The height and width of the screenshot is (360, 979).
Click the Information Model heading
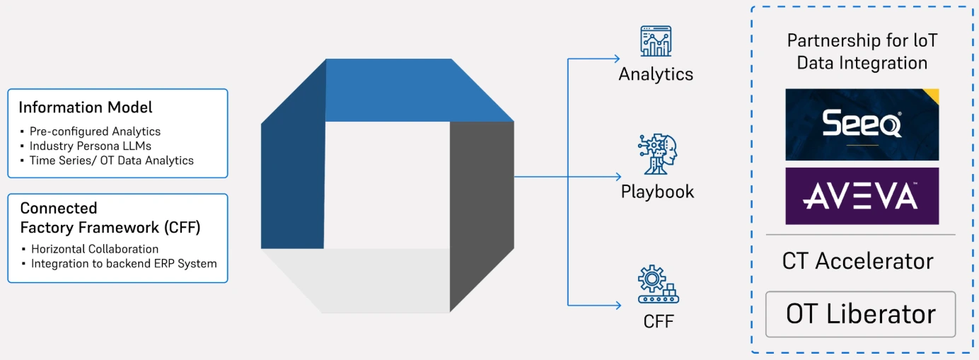[86, 108]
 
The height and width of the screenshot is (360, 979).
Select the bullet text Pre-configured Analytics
[95, 132]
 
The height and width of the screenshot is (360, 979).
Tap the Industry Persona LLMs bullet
[91, 146]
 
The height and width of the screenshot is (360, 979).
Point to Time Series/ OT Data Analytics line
[111, 160]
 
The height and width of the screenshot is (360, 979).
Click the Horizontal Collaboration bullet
[95, 249]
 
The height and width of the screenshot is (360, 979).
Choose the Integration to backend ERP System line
[124, 263]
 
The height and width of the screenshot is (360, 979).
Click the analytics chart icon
[656, 42]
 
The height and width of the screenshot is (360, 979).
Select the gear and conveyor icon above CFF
[657, 284]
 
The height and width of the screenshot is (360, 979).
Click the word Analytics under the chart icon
[656, 74]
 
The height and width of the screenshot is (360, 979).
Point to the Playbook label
[657, 192]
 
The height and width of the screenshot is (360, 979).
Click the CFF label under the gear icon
[659, 322]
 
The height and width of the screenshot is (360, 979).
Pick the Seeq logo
[862, 125]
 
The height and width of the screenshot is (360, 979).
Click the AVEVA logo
[862, 196]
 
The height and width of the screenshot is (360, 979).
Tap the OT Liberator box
[860, 314]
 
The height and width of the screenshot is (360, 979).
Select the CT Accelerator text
[857, 261]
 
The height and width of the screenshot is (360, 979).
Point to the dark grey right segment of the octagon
[481, 212]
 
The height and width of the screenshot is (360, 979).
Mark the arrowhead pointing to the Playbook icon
[618, 176]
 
